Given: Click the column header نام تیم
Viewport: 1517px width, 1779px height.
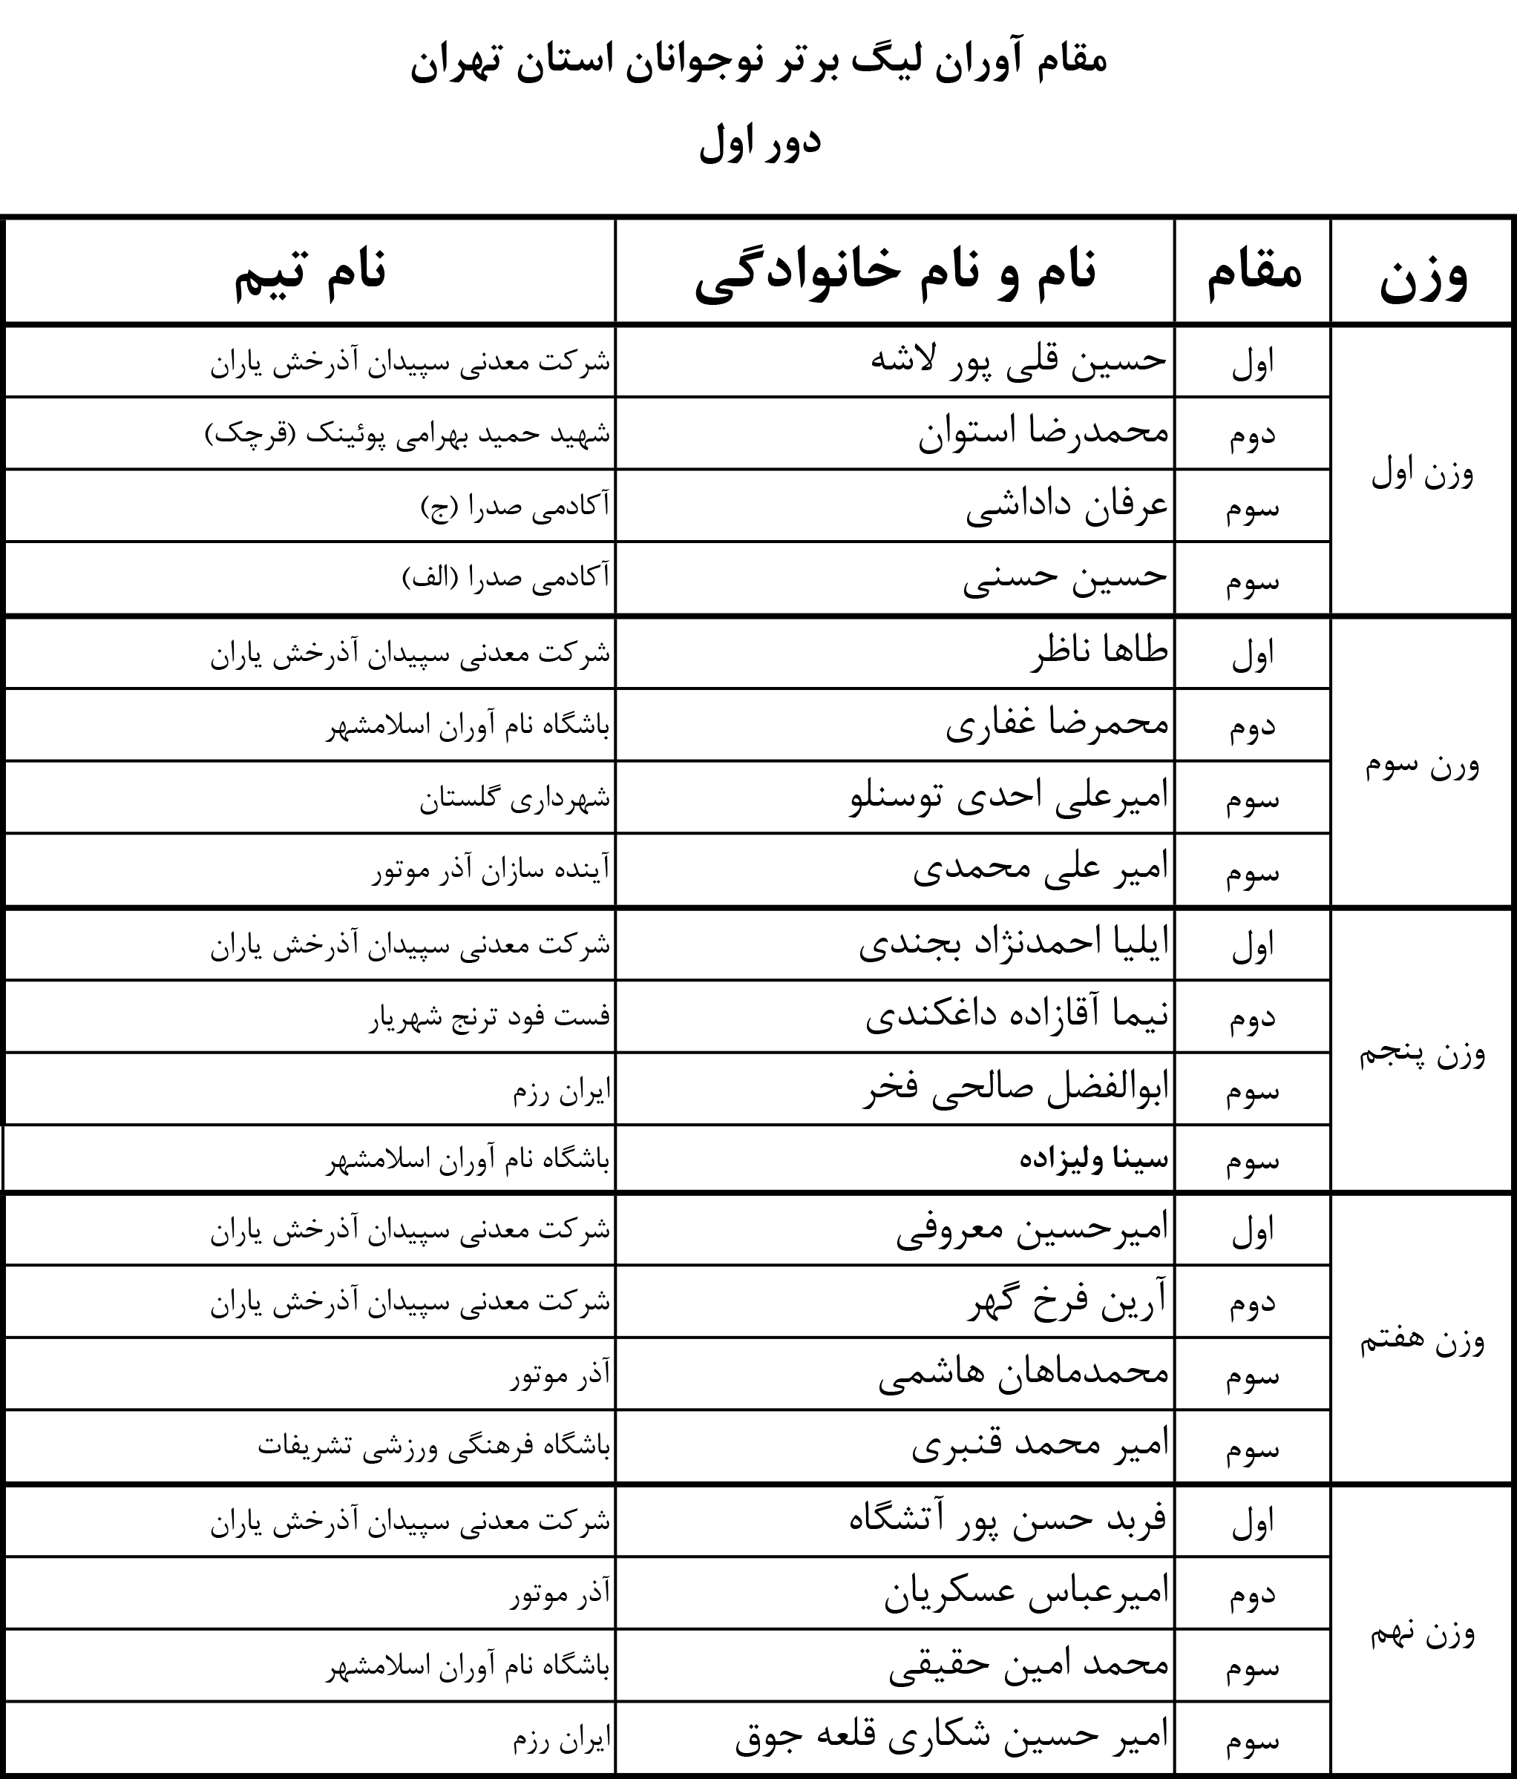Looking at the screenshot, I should [310, 272].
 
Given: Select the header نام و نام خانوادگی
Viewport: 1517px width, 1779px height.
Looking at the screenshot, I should [895, 272].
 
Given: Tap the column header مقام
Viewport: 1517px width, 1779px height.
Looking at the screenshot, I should [1254, 272].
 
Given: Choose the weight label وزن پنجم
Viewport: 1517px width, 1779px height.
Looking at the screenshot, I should [1422, 1053].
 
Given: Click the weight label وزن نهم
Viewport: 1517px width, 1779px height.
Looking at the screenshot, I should [1422, 1632].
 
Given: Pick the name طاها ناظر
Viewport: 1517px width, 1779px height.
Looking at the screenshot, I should [1098, 651].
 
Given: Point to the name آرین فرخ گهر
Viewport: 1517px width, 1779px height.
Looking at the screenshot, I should [1068, 1303].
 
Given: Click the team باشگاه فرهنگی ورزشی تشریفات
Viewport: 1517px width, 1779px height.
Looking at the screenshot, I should [433, 1447].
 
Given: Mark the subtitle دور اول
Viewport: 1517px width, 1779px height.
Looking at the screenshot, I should [760, 143].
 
